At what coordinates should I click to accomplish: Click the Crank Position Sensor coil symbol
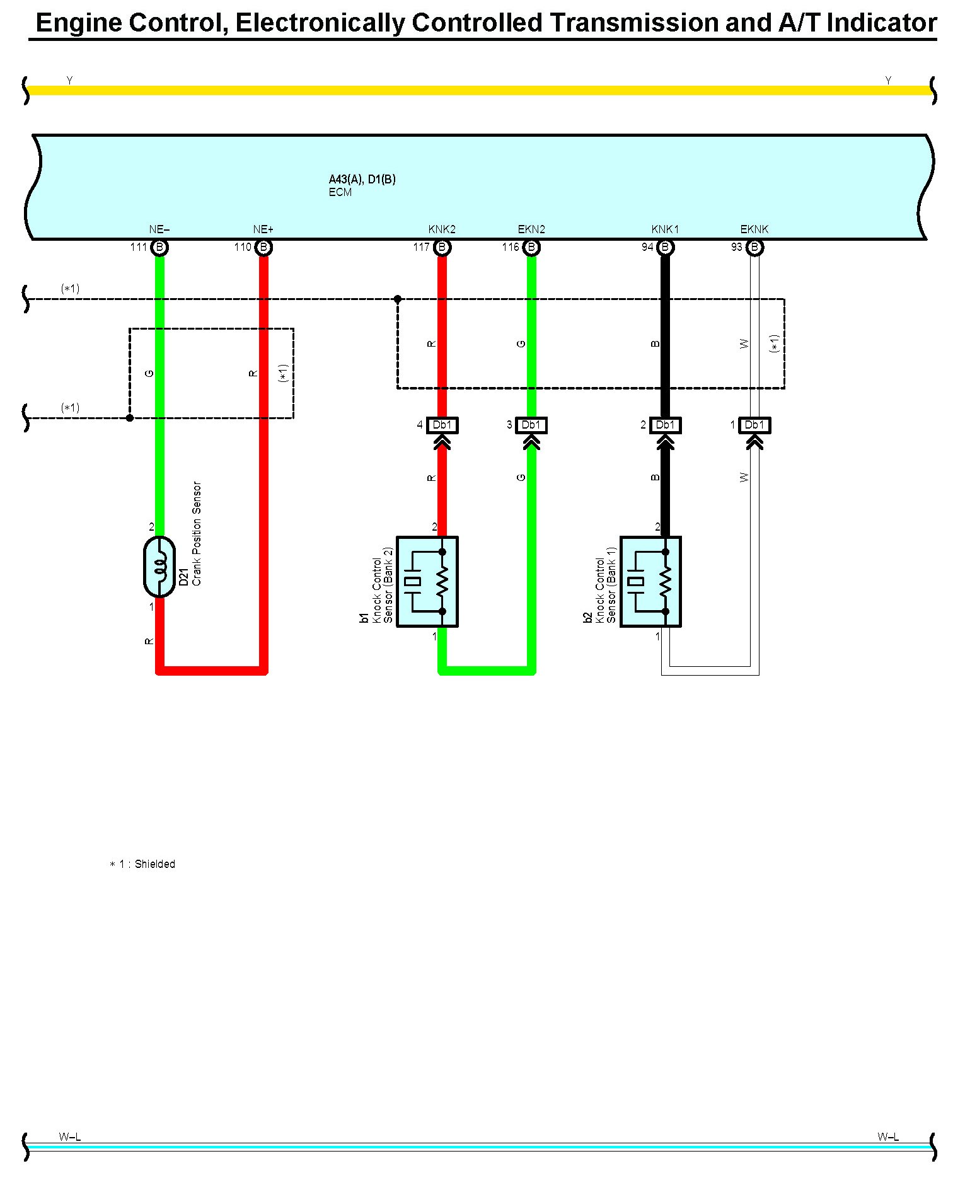click(x=159, y=567)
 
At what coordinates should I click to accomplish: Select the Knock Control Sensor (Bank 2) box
click(x=427, y=582)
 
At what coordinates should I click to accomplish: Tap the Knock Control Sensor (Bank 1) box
click(x=651, y=582)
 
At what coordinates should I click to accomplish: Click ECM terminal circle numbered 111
click(x=159, y=248)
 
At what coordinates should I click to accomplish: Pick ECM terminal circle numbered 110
click(x=263, y=248)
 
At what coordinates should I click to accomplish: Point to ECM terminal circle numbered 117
click(x=442, y=248)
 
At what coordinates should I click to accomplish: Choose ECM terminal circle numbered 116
click(x=531, y=248)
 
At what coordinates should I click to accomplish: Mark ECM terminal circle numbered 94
click(x=665, y=248)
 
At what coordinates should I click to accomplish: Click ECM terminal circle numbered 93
click(x=754, y=248)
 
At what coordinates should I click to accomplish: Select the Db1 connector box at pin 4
click(x=442, y=425)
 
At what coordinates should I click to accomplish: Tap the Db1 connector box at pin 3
click(x=531, y=425)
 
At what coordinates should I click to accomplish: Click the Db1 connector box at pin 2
click(x=665, y=425)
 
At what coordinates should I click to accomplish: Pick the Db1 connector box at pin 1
click(x=754, y=425)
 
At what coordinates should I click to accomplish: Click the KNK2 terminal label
click(x=442, y=229)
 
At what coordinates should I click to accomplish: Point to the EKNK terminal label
click(x=754, y=229)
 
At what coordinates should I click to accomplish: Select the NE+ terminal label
click(x=263, y=229)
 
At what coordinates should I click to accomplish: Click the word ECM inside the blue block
click(x=340, y=193)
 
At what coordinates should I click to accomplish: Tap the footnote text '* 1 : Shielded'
click(x=142, y=864)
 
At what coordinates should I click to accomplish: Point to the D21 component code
click(x=184, y=577)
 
